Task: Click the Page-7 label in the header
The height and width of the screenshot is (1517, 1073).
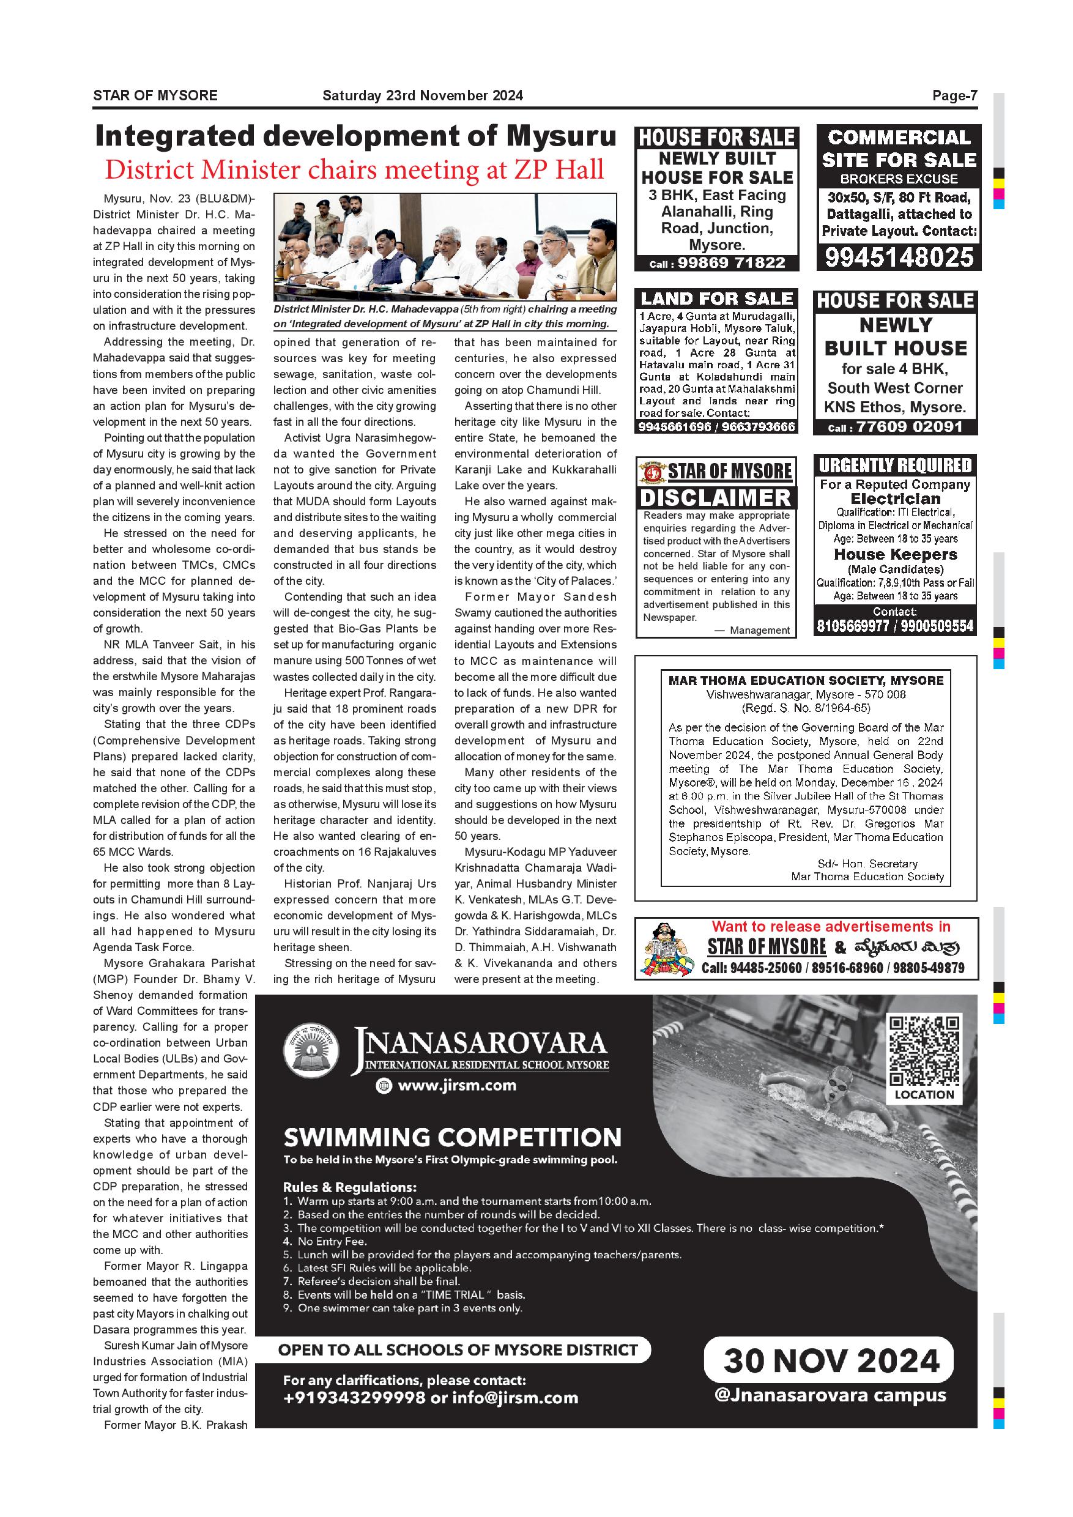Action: [x=954, y=96]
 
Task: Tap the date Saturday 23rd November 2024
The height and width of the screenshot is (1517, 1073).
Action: [x=422, y=96]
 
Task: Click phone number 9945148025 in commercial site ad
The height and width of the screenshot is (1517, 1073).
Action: [x=899, y=256]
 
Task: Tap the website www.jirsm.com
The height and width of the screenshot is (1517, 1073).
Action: [x=456, y=1086]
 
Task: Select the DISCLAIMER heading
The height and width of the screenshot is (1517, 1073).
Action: [x=716, y=497]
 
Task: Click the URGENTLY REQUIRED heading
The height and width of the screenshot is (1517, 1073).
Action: [x=895, y=465]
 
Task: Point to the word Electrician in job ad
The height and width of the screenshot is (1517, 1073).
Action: [x=895, y=499]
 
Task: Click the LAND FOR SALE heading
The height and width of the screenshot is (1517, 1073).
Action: [x=716, y=299]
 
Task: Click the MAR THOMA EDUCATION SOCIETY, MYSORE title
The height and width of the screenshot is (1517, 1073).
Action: [x=806, y=681]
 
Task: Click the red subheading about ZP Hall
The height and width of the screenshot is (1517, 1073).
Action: [x=354, y=170]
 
